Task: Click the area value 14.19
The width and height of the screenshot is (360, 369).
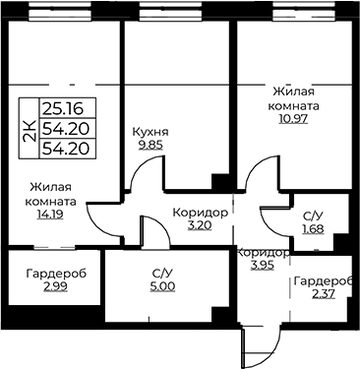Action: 50,215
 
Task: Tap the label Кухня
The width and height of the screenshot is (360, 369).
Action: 150,132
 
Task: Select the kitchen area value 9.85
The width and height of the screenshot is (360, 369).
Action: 150,145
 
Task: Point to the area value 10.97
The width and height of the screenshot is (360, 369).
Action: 293,118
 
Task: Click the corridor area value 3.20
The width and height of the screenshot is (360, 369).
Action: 200,225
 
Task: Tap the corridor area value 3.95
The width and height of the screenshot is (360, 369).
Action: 263,265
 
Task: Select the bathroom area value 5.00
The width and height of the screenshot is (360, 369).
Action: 163,286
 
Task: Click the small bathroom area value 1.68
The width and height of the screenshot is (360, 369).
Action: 313,228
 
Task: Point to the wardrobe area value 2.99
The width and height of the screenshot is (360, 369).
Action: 55,286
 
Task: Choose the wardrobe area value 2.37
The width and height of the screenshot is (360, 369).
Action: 324,294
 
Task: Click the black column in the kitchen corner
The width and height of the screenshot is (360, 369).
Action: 220,182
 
